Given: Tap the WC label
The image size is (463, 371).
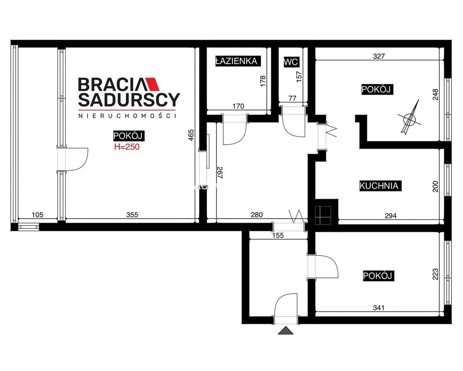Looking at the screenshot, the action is [291, 62].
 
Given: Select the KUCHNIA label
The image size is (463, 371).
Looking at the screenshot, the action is [379, 186].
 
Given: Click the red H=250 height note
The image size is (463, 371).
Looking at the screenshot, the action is [127, 147].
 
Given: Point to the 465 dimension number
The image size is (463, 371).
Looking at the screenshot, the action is [191, 135].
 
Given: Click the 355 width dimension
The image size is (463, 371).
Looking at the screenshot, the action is [132, 215].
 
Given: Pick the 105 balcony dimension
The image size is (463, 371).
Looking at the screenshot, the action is [38, 215].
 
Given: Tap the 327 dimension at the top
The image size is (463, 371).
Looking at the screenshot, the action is [379, 56].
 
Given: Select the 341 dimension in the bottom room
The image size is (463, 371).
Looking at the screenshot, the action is [379, 307].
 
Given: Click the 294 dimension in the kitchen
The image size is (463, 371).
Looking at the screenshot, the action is [390, 216].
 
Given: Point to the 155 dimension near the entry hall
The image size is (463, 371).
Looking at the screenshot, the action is [278, 235].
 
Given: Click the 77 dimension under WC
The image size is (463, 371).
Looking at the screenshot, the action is [292, 98].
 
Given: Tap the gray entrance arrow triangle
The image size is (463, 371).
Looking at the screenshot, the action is [286, 331].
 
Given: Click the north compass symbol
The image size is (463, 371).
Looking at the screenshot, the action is [409, 118].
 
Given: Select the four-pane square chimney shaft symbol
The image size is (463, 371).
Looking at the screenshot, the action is [323, 215].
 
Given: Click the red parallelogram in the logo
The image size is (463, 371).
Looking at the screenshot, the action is [152, 84].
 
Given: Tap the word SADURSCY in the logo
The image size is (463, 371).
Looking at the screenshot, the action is [129, 100].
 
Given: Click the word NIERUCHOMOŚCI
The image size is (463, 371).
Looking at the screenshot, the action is [127, 115].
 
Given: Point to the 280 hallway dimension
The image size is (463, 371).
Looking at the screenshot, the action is [257, 215].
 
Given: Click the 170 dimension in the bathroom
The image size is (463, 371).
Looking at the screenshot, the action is [238, 106].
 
